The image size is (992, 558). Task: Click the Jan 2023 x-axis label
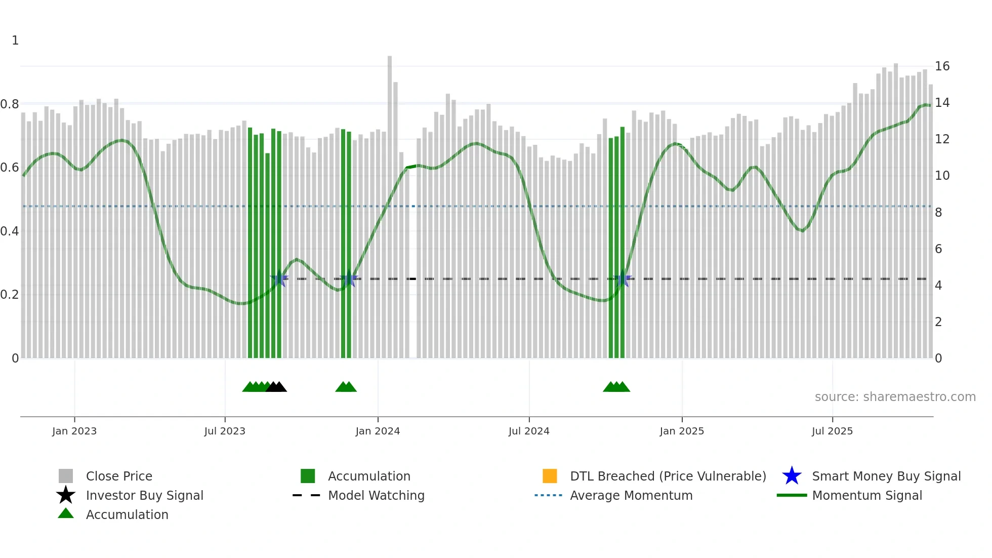(74, 431)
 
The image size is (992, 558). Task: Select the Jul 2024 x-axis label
(528, 431)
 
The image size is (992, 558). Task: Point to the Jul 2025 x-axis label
(832, 431)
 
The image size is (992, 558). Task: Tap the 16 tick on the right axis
(941, 66)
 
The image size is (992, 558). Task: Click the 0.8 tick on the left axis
(10, 104)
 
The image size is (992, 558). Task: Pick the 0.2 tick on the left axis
(10, 295)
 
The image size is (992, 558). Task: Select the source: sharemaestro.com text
(895, 397)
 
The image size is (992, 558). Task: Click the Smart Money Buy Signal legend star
(792, 476)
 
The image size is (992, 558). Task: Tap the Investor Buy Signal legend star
(66, 495)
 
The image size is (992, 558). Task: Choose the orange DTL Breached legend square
(550, 476)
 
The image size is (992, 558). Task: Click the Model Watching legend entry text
(376, 495)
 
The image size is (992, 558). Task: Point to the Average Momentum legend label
(631, 495)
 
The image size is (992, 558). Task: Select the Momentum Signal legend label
(866, 495)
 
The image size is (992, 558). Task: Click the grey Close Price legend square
(66, 476)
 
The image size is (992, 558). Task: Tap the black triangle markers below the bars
(276, 387)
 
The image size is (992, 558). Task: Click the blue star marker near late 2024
(623, 278)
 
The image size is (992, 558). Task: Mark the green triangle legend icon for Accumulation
(66, 513)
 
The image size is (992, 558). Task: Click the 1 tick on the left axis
(15, 41)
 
